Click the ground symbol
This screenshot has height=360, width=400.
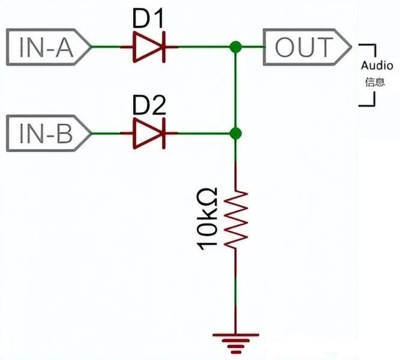(x=236, y=343)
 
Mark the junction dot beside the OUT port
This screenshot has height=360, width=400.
(x=236, y=46)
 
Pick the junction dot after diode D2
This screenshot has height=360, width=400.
(x=236, y=133)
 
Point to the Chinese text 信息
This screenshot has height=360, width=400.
(x=374, y=81)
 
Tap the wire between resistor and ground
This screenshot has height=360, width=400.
(x=236, y=289)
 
